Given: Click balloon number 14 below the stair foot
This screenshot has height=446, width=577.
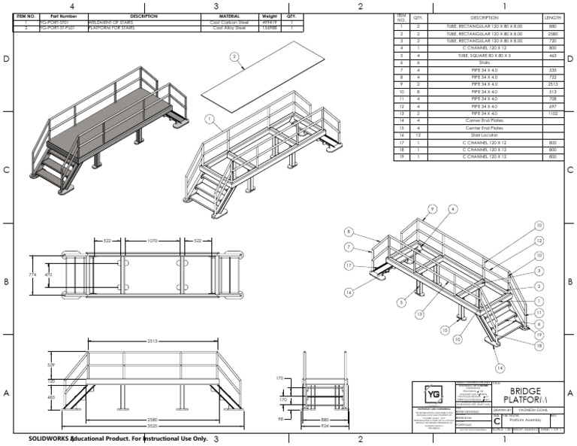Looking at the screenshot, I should (500, 367).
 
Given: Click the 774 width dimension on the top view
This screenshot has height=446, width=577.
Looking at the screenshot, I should (32, 276).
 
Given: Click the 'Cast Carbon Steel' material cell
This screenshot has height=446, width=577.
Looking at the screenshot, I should (229, 23).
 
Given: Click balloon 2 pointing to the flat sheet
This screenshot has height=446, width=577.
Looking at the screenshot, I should (234, 56).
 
